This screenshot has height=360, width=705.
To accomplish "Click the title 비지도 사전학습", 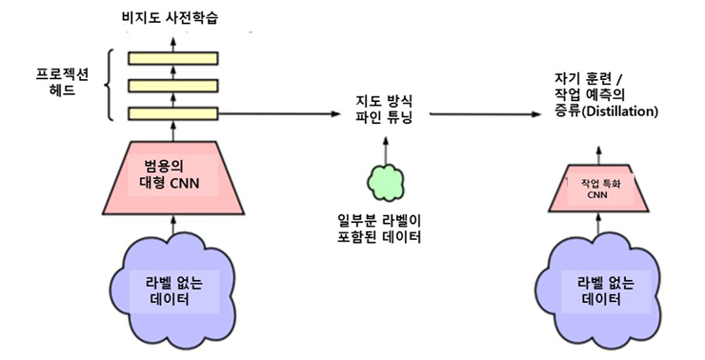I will click(x=174, y=16).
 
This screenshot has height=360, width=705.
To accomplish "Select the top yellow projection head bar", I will click(x=173, y=58).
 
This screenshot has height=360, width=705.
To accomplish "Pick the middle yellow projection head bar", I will click(x=173, y=86).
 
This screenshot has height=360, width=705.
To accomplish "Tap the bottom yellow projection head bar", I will click(x=173, y=113).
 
